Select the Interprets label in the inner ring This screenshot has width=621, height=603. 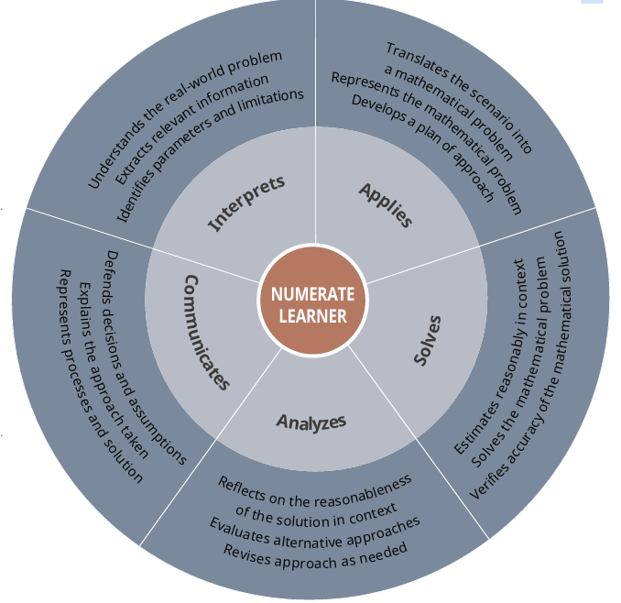pyautogui.click(x=246, y=203)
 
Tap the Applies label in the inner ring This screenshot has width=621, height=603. pyautogui.click(x=385, y=204)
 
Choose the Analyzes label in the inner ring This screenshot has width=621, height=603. pyautogui.click(x=310, y=422)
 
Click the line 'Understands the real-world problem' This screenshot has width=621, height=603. pyautogui.click(x=184, y=119)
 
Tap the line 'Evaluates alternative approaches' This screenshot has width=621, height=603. pyautogui.click(x=314, y=535)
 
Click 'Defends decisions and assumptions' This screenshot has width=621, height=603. pyautogui.click(x=147, y=357)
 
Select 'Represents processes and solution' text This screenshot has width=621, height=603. pyautogui.click(x=101, y=376)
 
